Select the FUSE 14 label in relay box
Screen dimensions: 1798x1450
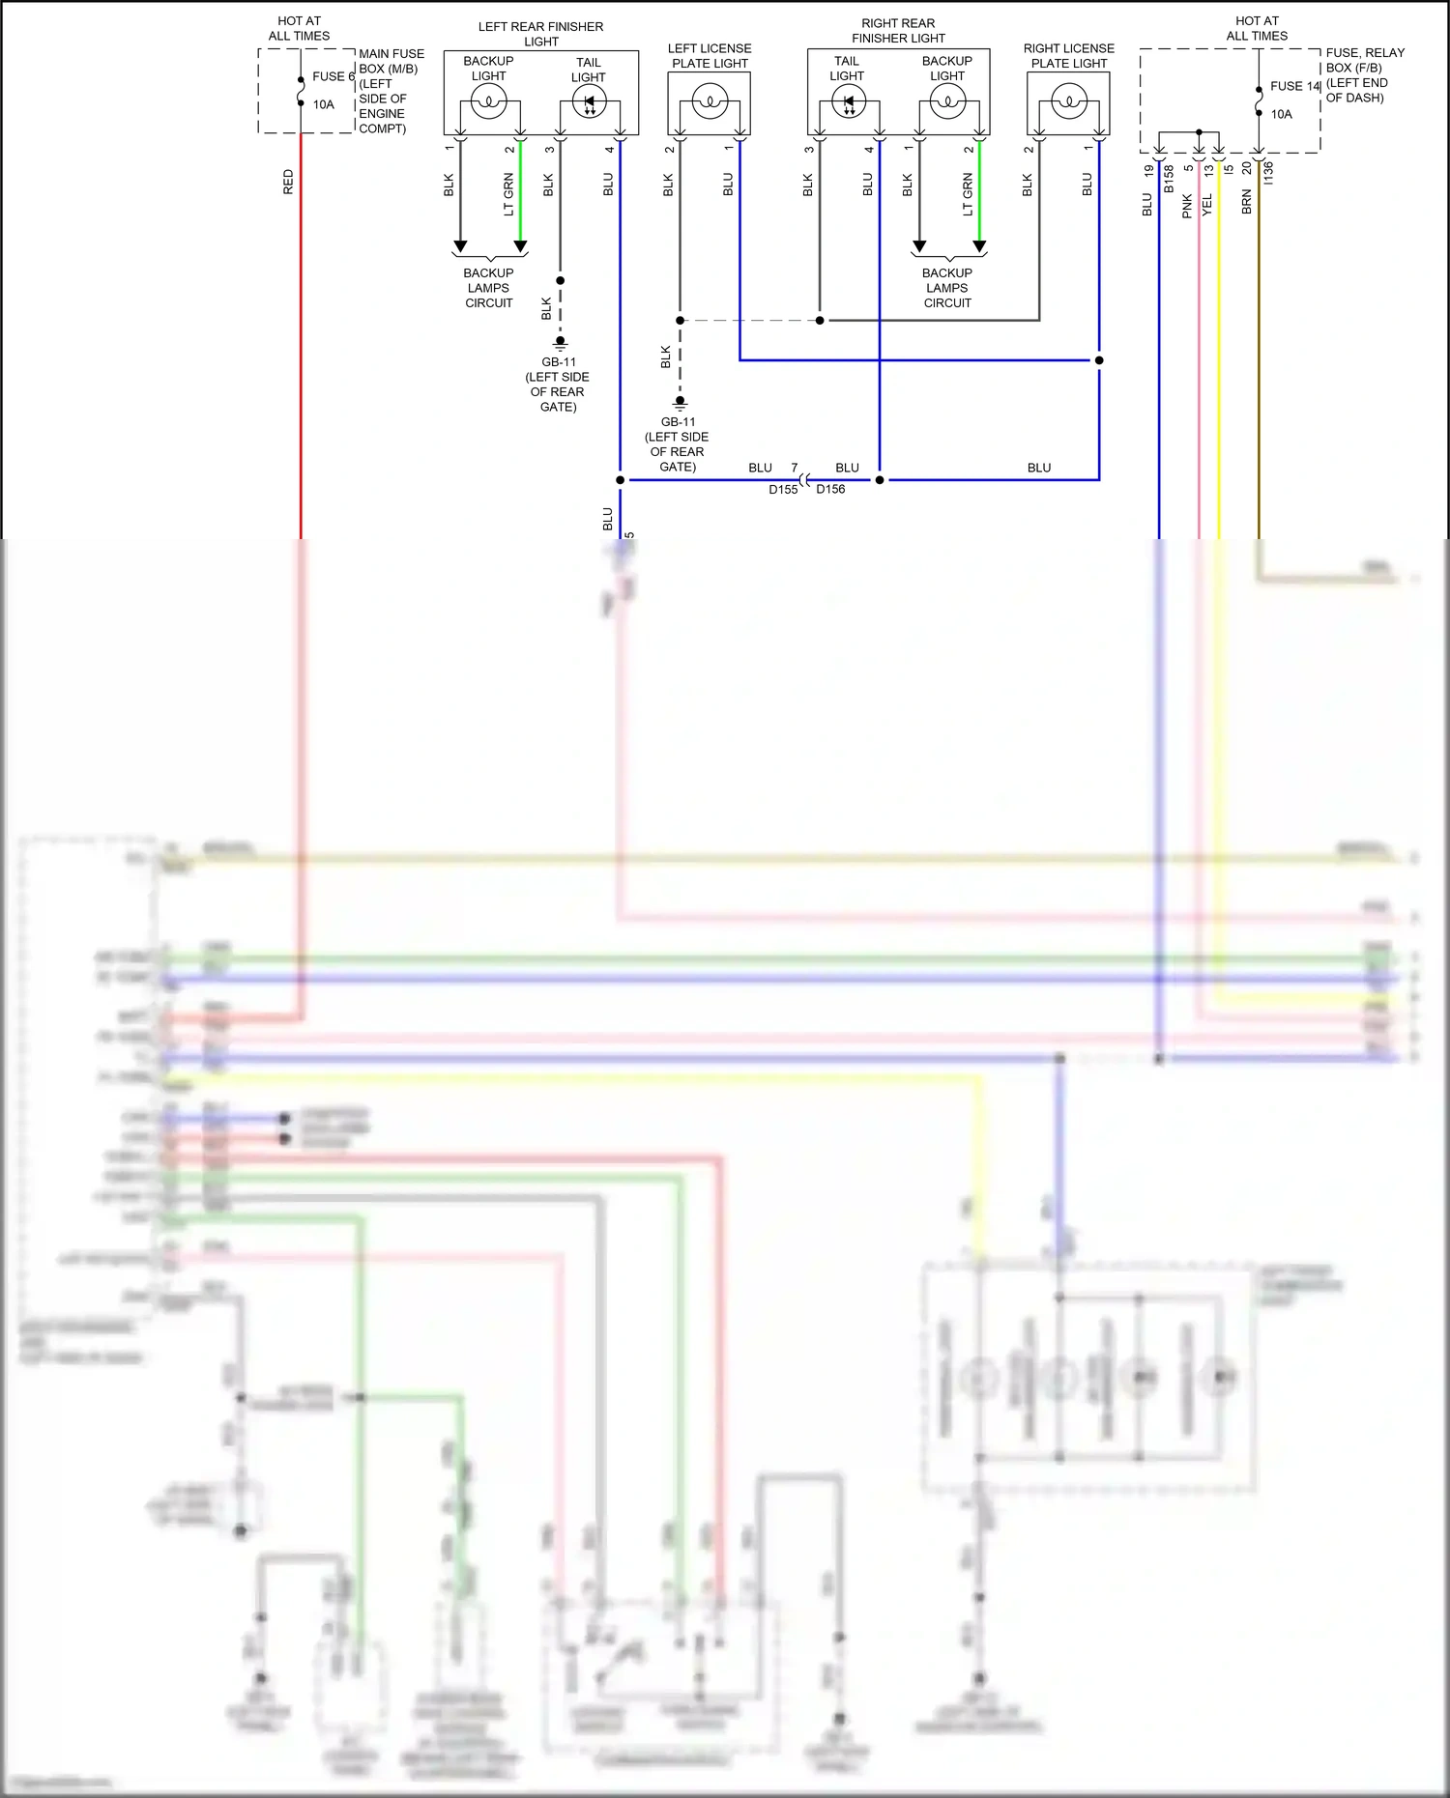point(1294,86)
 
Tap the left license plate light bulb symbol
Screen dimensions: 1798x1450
point(710,101)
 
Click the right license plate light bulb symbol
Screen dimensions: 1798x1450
point(1068,101)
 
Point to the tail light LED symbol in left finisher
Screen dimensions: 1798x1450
point(589,101)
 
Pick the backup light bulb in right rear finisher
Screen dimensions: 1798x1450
point(947,101)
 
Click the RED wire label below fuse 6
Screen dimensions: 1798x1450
point(288,182)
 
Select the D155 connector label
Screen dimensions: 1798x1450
point(783,490)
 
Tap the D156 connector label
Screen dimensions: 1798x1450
point(830,490)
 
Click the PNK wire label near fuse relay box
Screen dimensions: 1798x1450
point(1187,206)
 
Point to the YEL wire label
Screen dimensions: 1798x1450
point(1206,205)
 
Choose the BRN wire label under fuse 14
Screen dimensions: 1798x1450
point(1247,202)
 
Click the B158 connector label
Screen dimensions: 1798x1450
point(1169,179)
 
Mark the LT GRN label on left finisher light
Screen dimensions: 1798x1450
point(508,194)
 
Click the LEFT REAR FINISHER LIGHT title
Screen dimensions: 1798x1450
point(540,34)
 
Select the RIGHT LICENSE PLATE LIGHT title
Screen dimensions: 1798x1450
point(1068,55)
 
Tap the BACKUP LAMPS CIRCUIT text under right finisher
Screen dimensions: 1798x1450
point(947,288)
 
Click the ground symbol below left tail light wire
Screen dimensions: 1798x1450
point(560,342)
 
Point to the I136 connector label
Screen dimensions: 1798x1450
point(1268,173)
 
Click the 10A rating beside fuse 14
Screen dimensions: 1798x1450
point(1281,114)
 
